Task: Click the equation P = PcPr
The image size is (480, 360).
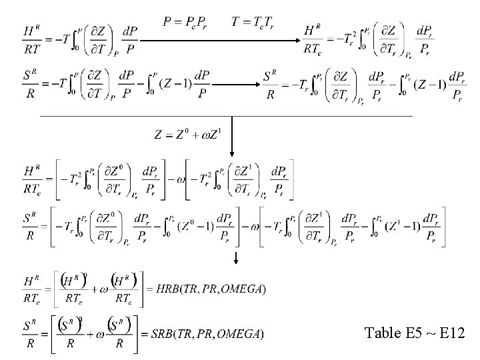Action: (x=189, y=22)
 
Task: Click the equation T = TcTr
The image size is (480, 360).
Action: (x=253, y=22)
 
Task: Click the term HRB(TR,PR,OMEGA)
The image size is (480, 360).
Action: (x=211, y=288)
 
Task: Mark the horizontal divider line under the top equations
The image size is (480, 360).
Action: (x=227, y=116)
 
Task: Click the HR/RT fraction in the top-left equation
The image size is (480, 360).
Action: (x=31, y=39)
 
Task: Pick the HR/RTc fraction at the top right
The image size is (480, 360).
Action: (x=313, y=39)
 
